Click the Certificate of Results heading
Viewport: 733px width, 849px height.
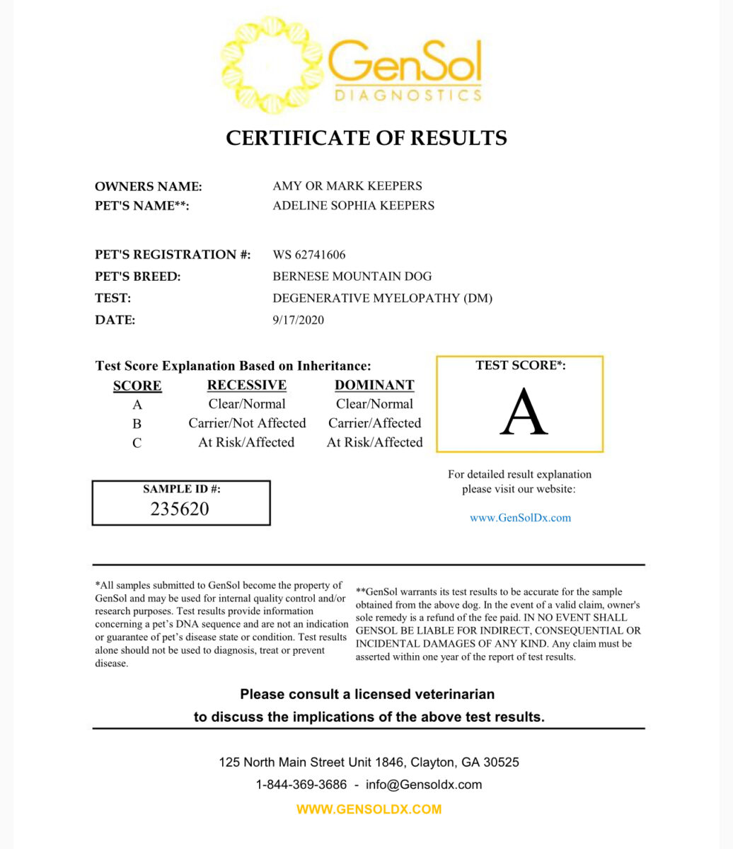(366, 137)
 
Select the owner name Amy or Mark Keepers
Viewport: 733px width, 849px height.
(347, 186)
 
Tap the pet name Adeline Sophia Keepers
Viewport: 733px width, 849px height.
(354, 206)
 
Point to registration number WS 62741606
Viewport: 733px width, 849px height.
(309, 255)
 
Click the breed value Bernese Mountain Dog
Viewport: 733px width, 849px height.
(352, 277)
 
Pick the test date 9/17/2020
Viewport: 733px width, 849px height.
(299, 320)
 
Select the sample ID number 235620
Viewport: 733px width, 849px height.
(180, 509)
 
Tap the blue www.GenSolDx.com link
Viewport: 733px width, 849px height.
(520, 518)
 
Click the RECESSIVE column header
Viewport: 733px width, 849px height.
(247, 385)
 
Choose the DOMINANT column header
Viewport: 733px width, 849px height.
(374, 385)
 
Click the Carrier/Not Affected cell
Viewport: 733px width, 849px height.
(247, 423)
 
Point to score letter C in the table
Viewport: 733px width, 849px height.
(137, 443)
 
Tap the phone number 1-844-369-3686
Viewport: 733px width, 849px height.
(301, 785)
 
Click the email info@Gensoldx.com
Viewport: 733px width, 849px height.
(424, 785)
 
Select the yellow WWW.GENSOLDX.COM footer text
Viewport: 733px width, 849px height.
(369, 809)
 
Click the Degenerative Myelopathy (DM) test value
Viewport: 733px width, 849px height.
(383, 298)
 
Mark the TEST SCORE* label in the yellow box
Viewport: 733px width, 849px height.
(521, 366)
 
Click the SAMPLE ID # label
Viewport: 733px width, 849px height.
(182, 489)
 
